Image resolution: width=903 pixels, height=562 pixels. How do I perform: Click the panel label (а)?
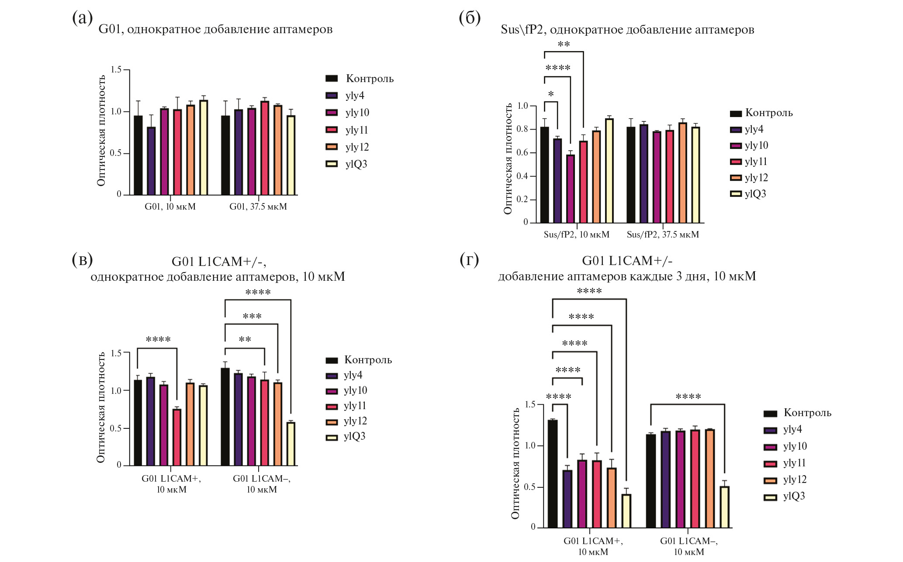82,18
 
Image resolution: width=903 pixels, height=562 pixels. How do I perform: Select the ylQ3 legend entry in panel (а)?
347,164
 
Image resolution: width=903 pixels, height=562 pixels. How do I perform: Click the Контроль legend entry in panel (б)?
761,113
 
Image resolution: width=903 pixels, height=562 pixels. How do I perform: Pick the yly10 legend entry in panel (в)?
346,390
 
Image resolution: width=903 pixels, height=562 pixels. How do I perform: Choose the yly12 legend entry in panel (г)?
785,480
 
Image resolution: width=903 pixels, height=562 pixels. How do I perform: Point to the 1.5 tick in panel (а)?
116,70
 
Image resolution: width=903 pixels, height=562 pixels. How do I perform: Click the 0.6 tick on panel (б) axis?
522,153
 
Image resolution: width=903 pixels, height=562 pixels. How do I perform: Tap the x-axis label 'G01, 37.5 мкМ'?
258,207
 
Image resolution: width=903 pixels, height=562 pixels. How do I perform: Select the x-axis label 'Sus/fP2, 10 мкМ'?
576,234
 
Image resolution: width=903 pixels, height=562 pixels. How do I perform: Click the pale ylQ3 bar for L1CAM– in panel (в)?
291,444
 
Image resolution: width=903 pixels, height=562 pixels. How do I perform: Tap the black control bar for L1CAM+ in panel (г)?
553,474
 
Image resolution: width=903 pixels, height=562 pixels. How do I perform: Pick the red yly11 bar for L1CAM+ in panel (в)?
177,437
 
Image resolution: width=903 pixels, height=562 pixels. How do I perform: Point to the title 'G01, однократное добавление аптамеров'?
215,29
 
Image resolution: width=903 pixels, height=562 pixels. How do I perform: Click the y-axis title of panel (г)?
516,463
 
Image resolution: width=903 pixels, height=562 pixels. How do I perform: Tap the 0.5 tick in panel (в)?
116,428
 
